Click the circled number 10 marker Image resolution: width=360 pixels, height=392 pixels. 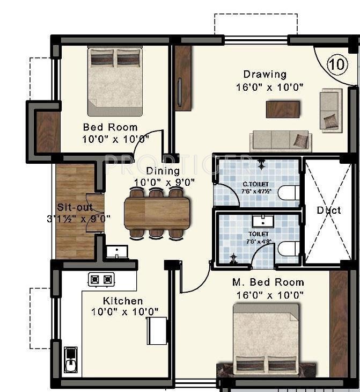pyautogui.click(x=336, y=64)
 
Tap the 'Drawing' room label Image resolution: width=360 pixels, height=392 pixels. pyautogui.click(x=265, y=74)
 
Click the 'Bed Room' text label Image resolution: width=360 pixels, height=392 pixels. pyautogui.click(x=110, y=127)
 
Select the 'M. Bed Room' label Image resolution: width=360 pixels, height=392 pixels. pyautogui.click(x=268, y=282)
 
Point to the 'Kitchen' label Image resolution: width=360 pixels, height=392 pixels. pyautogui.click(x=123, y=301)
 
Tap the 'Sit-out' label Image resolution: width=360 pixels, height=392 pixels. pyautogui.click(x=75, y=207)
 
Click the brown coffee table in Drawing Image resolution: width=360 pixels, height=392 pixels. pyautogui.click(x=283, y=109)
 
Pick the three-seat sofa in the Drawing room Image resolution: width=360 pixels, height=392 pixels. pyautogui.click(x=280, y=141)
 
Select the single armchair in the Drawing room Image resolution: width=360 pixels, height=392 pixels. pyautogui.click(x=330, y=110)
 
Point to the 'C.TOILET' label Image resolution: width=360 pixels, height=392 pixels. pyautogui.click(x=251, y=185)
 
